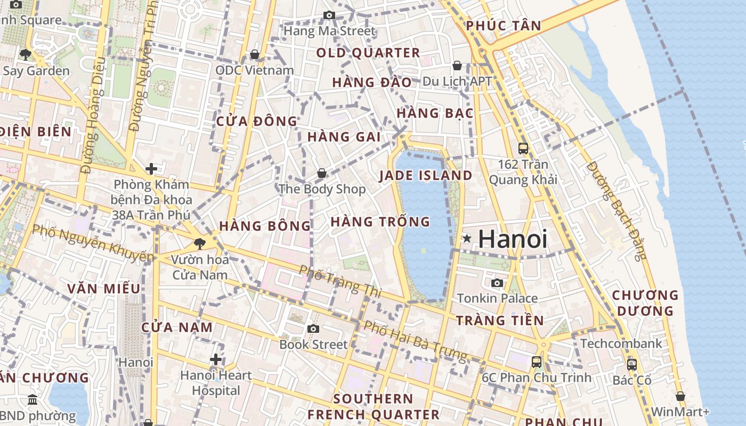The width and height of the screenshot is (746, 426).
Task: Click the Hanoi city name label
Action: click(513, 239)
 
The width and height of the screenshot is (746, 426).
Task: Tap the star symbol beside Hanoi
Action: click(467, 239)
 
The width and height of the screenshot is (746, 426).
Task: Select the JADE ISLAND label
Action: click(425, 176)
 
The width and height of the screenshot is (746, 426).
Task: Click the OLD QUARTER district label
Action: click(368, 53)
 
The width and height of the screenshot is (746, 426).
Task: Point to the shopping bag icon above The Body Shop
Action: click(322, 173)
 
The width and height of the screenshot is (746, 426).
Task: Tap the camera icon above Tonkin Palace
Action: click(497, 283)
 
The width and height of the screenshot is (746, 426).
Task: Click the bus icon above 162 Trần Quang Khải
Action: click(523, 149)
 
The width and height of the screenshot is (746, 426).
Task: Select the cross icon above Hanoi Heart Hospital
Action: click(216, 359)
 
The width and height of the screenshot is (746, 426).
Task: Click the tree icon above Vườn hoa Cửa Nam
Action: click(200, 244)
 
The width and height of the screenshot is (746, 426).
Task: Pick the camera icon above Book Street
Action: click(313, 329)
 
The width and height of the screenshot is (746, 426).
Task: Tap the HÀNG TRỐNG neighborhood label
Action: click(380, 222)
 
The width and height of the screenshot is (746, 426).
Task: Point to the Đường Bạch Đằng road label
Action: click(616, 210)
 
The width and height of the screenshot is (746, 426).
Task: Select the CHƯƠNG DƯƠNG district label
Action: click(645, 302)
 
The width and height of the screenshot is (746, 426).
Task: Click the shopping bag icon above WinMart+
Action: click(680, 396)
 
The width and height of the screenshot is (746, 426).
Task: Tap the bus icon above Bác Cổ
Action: click(632, 365)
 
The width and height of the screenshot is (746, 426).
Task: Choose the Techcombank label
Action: click(621, 343)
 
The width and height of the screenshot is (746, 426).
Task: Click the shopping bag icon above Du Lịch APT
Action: click(457, 65)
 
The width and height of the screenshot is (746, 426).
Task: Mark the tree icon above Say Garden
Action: click(25, 54)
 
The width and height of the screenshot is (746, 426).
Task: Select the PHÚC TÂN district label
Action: click(504, 26)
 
